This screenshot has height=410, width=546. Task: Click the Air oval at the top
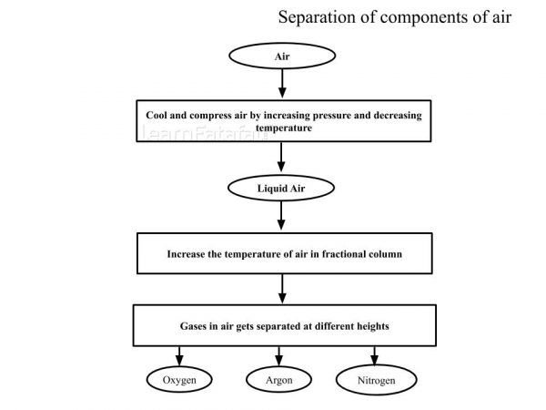pos(282,56)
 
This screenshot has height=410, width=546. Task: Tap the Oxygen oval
pos(179,378)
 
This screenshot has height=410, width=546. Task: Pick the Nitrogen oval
pos(377,378)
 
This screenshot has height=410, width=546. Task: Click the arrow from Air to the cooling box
pos(282,84)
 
